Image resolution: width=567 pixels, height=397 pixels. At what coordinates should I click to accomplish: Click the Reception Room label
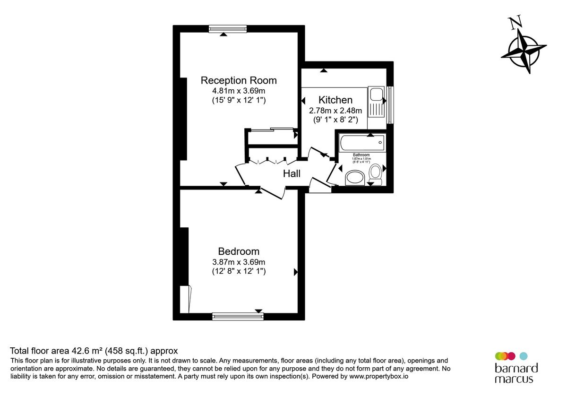239,80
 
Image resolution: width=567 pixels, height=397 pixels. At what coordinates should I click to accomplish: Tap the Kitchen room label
335,100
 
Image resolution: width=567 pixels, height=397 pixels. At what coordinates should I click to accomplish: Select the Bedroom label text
239,251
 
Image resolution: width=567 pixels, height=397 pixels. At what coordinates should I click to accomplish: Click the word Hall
292,173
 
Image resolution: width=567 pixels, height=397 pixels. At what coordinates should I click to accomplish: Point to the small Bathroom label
361,155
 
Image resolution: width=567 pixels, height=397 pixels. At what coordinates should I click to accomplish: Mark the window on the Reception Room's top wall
228,29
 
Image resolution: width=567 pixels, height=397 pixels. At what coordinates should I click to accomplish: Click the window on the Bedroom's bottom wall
238,317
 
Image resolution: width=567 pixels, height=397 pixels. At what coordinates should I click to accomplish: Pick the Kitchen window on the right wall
390,105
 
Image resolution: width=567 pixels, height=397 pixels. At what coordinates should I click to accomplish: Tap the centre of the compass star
524,51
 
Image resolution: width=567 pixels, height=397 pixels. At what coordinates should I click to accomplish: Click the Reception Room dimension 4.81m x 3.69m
239,91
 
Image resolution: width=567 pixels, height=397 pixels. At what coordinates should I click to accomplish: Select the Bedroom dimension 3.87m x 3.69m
239,262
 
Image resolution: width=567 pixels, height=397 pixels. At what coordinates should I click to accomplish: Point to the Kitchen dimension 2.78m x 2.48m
335,111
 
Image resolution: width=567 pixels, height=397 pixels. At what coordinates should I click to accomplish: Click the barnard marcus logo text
516,373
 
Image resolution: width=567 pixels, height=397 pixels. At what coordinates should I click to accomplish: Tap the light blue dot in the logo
523,356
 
